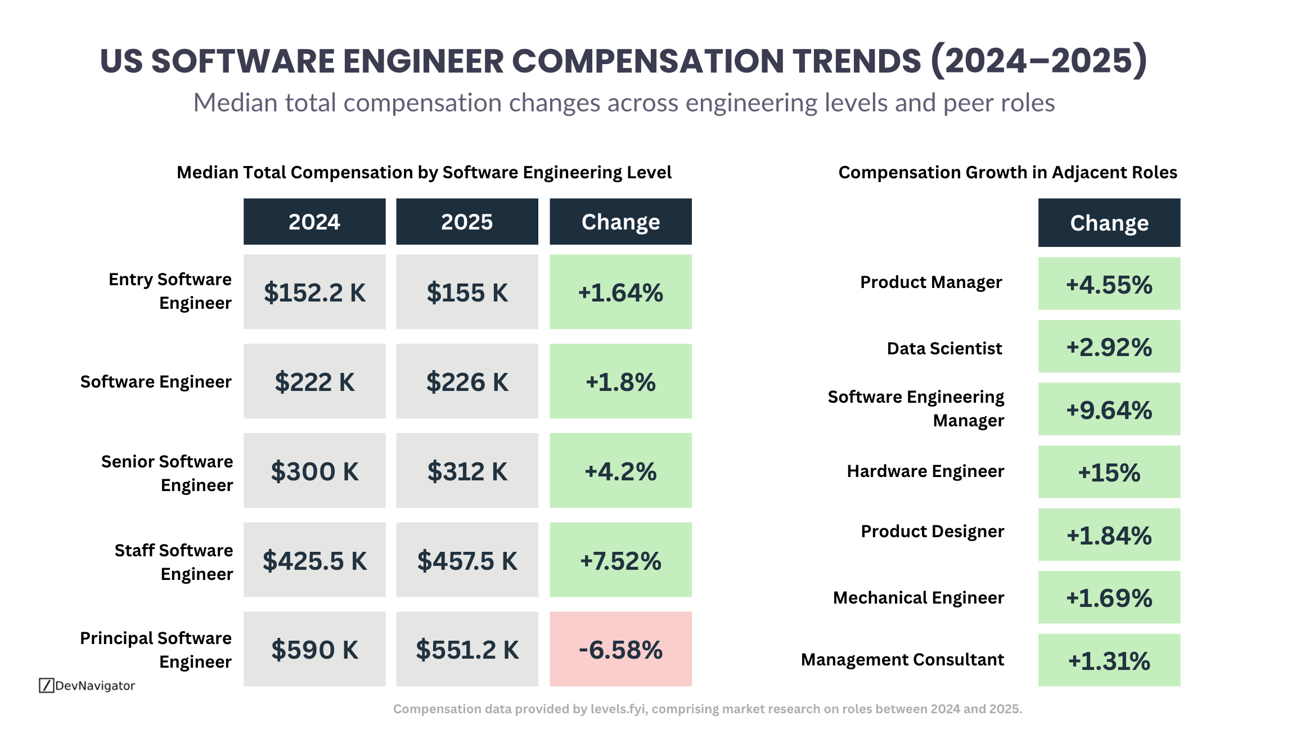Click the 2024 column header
(314, 222)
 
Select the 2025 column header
(467, 222)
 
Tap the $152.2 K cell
(314, 292)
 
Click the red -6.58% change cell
(620, 649)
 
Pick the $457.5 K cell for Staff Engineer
(467, 560)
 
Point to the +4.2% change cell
(620, 471)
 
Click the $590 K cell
(314, 649)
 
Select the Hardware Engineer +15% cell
(1109, 472)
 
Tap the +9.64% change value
(1109, 409)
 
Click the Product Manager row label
(931, 282)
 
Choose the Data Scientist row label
(944, 348)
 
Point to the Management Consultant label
(902, 659)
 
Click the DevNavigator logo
(87, 685)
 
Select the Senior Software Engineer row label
(167, 473)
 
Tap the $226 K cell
(467, 381)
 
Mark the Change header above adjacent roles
(1109, 223)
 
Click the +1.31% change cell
(1109, 660)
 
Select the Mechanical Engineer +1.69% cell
(1109, 597)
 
